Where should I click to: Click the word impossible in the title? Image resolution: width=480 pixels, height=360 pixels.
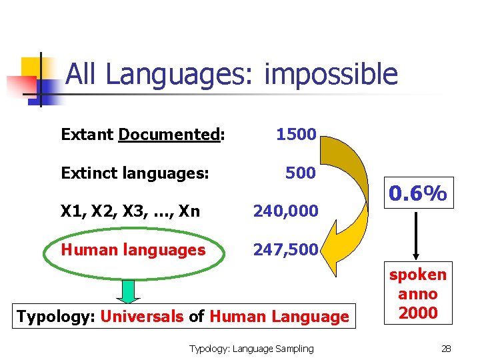coord(331,75)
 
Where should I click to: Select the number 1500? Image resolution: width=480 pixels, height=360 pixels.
coord(296,134)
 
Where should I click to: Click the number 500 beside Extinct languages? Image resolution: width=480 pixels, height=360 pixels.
coord(300,173)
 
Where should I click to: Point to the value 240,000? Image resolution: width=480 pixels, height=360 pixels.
coord(285,211)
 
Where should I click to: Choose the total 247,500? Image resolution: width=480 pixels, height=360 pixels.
coord(285,250)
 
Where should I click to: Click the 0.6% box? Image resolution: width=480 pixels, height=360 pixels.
coord(418,194)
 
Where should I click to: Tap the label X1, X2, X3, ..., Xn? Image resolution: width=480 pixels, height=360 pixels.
coord(130,211)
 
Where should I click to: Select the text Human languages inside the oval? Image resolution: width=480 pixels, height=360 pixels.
coord(133,250)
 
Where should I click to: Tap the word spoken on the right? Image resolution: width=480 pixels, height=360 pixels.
coord(418,275)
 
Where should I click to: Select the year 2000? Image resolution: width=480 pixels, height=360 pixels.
coord(418,313)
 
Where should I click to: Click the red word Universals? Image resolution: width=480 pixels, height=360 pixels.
coord(141,316)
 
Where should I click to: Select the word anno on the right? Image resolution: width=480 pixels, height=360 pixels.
coord(418,294)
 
